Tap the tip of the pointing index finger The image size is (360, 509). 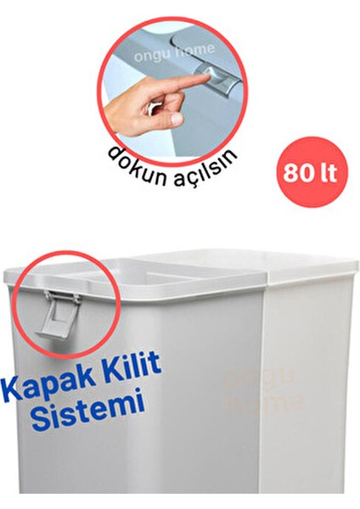point(206,79)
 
